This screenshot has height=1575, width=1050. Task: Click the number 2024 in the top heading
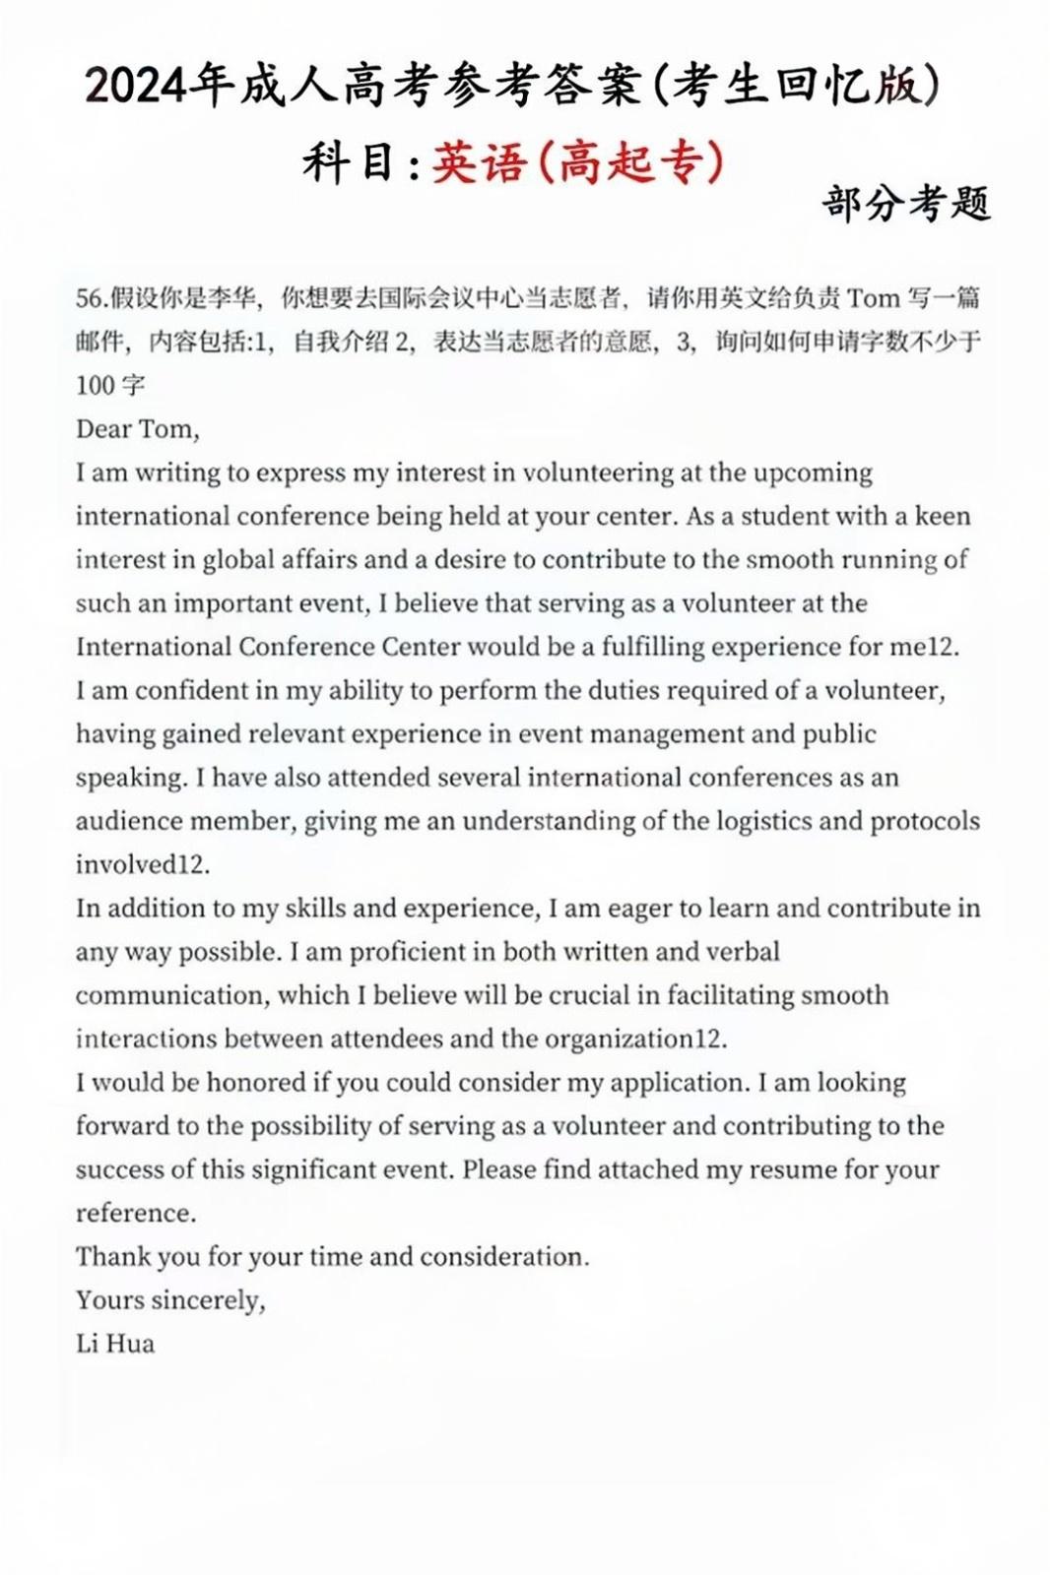[x=136, y=87]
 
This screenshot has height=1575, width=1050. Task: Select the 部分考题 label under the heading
[x=906, y=204]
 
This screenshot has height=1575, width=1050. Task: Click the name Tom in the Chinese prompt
[x=874, y=298]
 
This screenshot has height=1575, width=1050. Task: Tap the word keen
[x=943, y=516]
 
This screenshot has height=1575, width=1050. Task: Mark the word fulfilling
[x=653, y=647]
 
